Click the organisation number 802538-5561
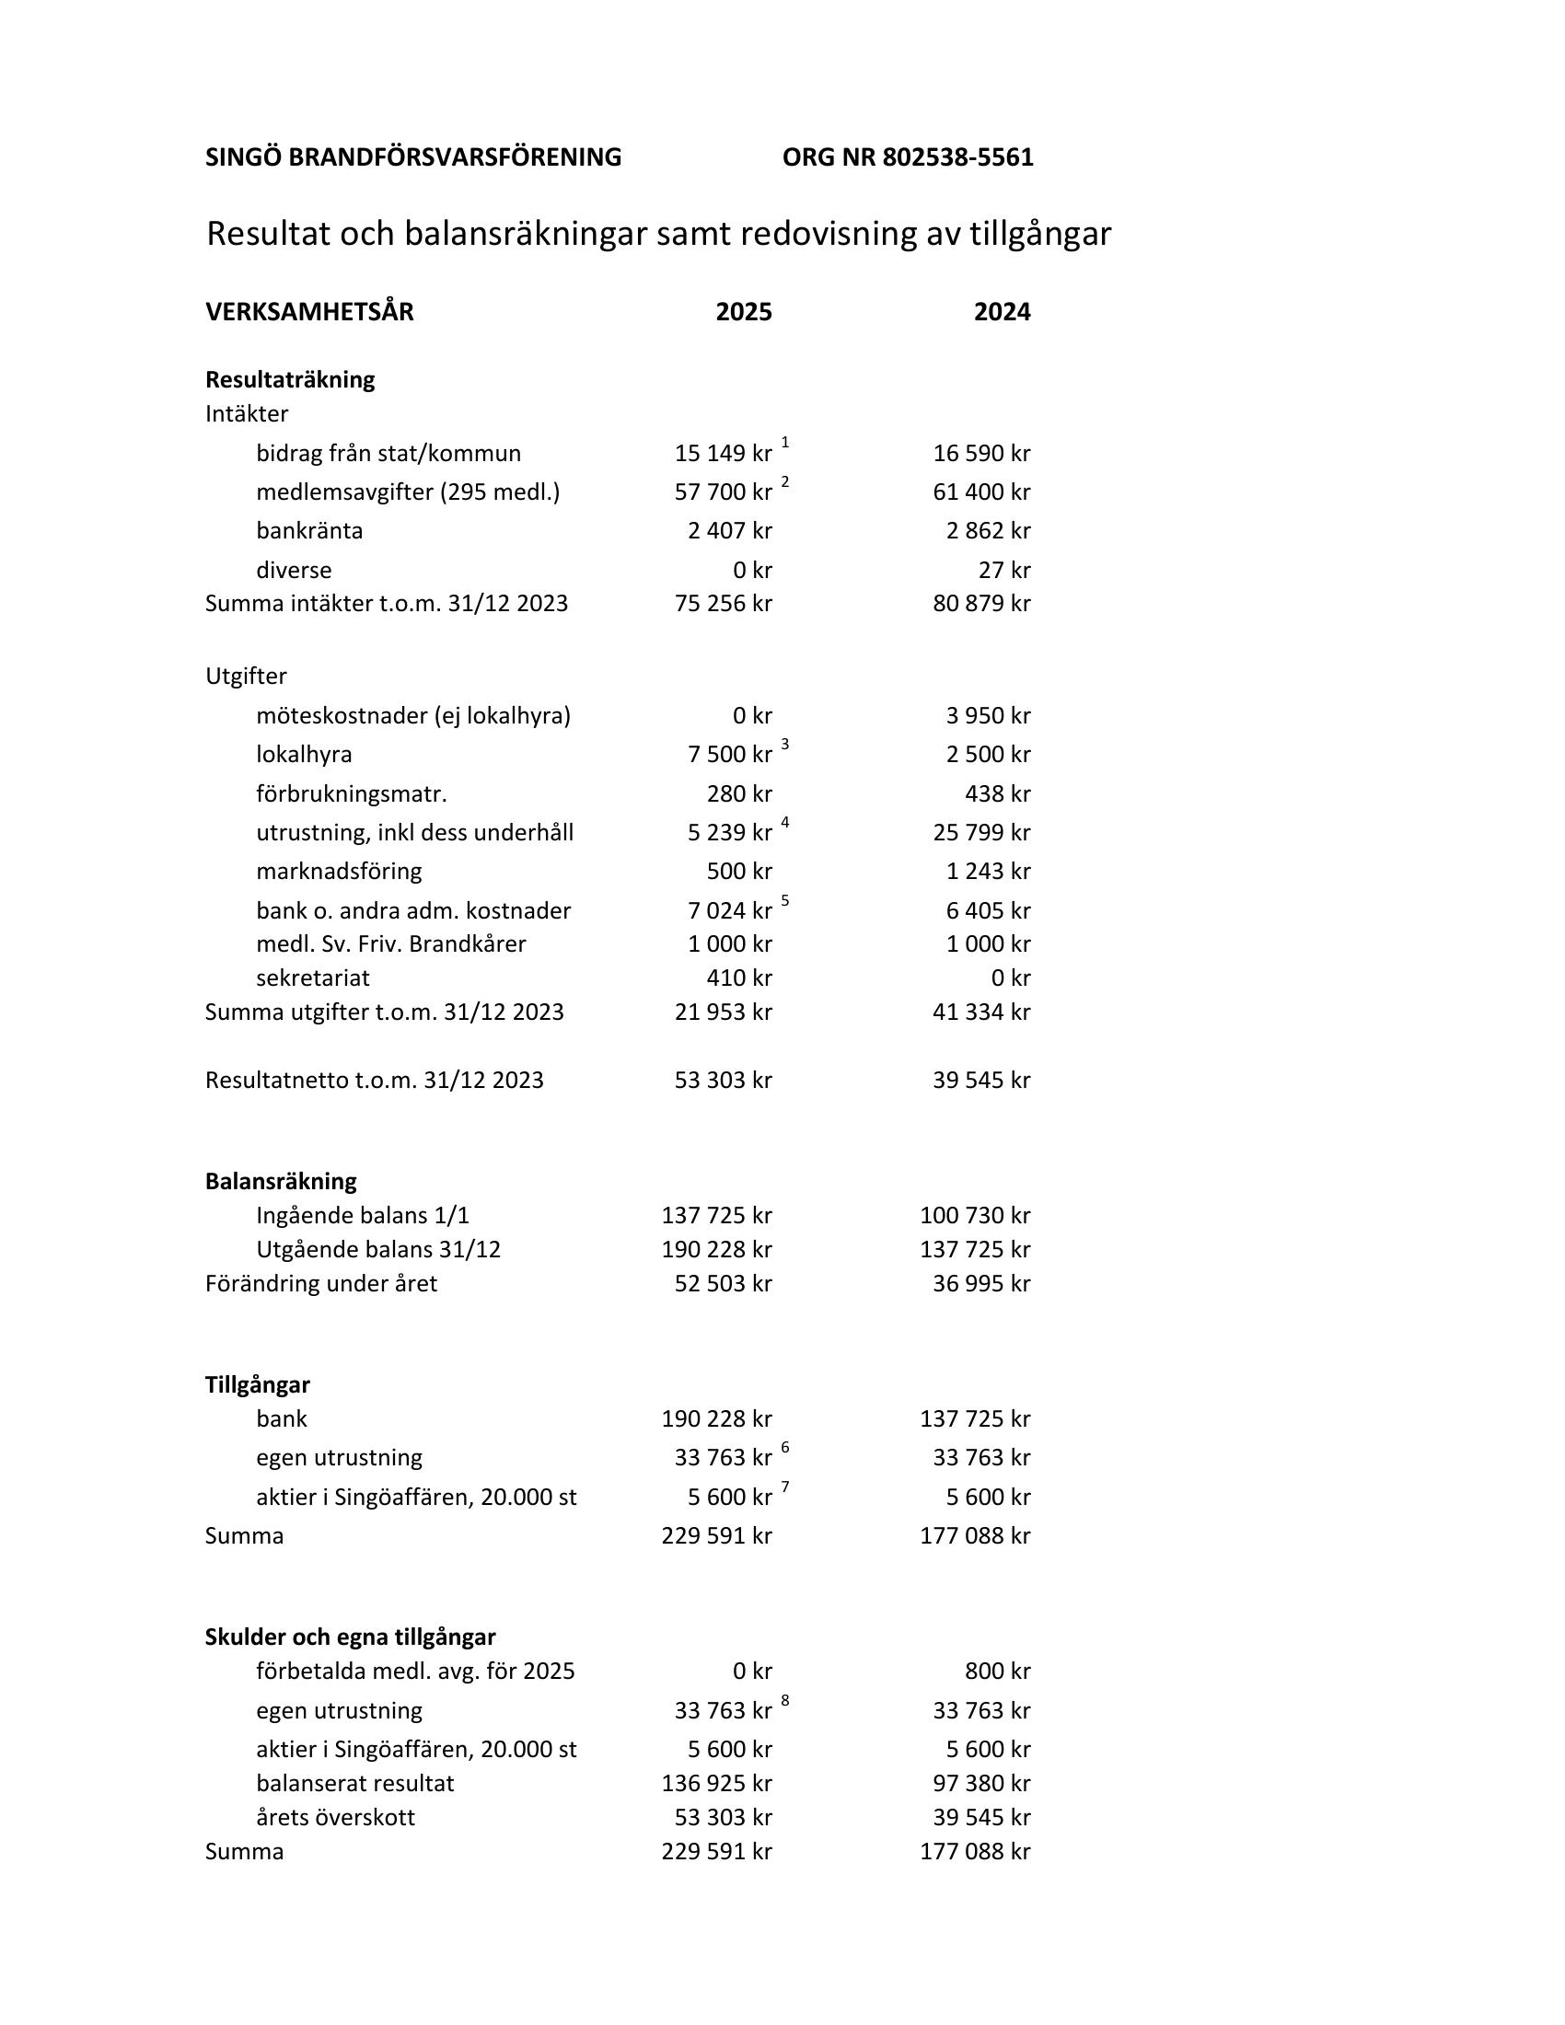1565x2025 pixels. tap(956, 157)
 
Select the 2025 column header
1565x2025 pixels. tap(744, 312)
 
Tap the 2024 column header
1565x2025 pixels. tap(1002, 312)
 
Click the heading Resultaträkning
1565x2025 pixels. tap(290, 380)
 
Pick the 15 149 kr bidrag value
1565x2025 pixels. tap(723, 454)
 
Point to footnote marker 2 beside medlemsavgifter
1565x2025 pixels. tap(785, 481)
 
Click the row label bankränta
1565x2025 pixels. tap(309, 531)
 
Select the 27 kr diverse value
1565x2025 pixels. tap(1004, 571)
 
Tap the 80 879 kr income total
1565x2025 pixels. tap(981, 604)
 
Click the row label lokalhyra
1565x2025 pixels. tap(304, 755)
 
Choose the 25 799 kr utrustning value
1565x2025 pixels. tap(981, 833)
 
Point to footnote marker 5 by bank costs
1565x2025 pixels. tap(785, 900)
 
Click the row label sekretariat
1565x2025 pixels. tap(312, 978)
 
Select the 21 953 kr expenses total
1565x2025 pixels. tap(723, 1012)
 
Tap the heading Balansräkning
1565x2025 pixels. tap(281, 1181)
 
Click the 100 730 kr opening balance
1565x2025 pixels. tap(974, 1216)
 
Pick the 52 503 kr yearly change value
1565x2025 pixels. tap(723, 1283)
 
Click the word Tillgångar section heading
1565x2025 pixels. tap(258, 1384)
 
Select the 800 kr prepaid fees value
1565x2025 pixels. tap(997, 1671)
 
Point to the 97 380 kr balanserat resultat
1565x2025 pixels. tap(981, 1783)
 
